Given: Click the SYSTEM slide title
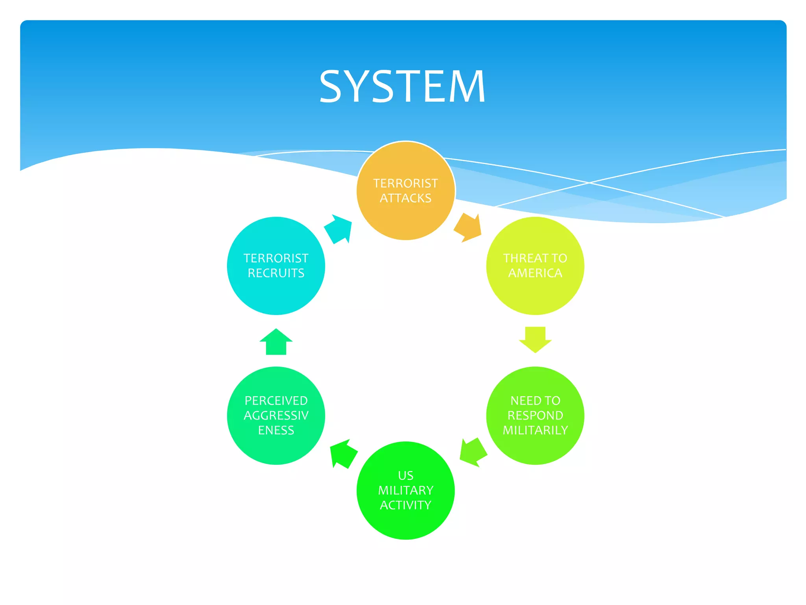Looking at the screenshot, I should pos(402,86).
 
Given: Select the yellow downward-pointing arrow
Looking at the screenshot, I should pos(535,339).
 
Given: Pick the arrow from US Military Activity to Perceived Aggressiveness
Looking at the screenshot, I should pos(343,453).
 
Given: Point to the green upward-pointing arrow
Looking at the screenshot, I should pos(276,342).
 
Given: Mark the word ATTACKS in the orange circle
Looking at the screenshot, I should pos(405,198).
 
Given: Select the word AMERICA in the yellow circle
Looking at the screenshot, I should pos(535,273).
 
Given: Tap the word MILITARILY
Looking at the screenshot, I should pos(535,430).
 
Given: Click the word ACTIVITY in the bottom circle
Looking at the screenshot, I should pos(405,505).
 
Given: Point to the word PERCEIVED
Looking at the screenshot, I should pos(276,401).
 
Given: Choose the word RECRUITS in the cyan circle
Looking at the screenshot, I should pos(276,273).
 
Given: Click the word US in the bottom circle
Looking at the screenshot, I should pos(405,475).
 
